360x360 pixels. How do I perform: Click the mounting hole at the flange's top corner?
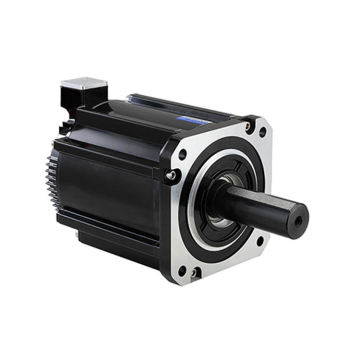tap(263, 131)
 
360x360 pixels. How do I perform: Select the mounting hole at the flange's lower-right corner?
tap(260, 240)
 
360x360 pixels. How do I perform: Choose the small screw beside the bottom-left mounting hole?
tap(195, 271)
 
